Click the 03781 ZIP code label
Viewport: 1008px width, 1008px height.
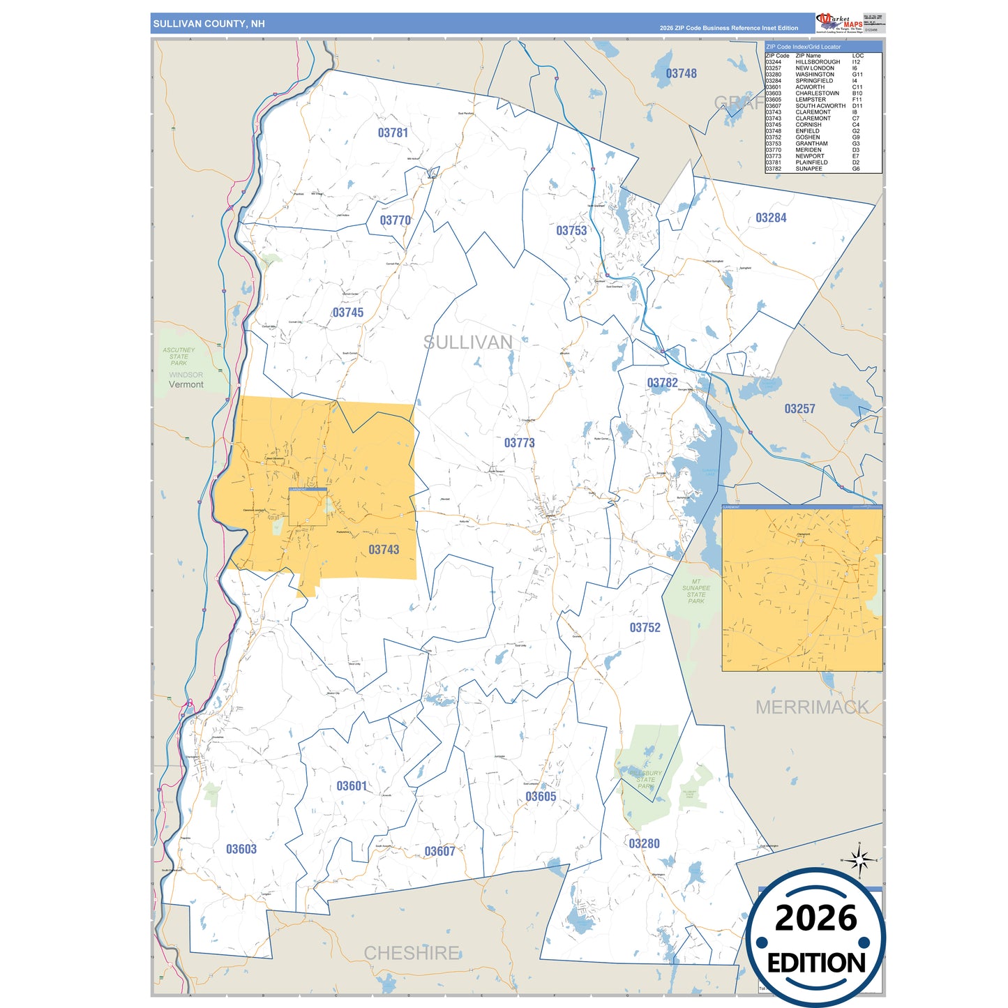[x=393, y=133]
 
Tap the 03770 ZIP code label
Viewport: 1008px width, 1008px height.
[x=395, y=220]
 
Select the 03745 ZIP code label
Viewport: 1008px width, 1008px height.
[x=347, y=313]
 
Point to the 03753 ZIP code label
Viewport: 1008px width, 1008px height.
[x=571, y=231]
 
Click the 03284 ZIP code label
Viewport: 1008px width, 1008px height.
[x=771, y=218]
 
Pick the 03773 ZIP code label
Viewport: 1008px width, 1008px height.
[x=519, y=443]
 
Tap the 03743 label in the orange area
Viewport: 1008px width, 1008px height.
[x=384, y=550]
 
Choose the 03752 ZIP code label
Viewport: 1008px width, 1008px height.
[x=645, y=628]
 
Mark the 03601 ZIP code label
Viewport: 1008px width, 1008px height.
[x=352, y=786]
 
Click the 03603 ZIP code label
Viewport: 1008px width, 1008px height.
[x=241, y=849]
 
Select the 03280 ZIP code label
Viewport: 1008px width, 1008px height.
[x=644, y=843]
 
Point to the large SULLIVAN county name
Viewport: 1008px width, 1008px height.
[x=468, y=343]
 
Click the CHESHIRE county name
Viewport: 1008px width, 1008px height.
[x=412, y=953]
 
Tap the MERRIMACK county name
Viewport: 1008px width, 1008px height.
[x=812, y=707]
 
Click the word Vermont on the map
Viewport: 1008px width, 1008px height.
[x=186, y=384]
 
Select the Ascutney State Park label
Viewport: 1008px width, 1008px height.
[x=179, y=356]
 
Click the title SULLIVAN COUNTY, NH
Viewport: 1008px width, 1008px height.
[x=209, y=24]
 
